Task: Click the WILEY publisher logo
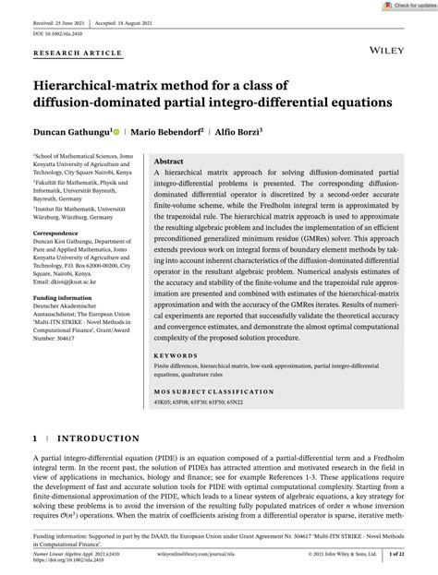pos(383,41)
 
